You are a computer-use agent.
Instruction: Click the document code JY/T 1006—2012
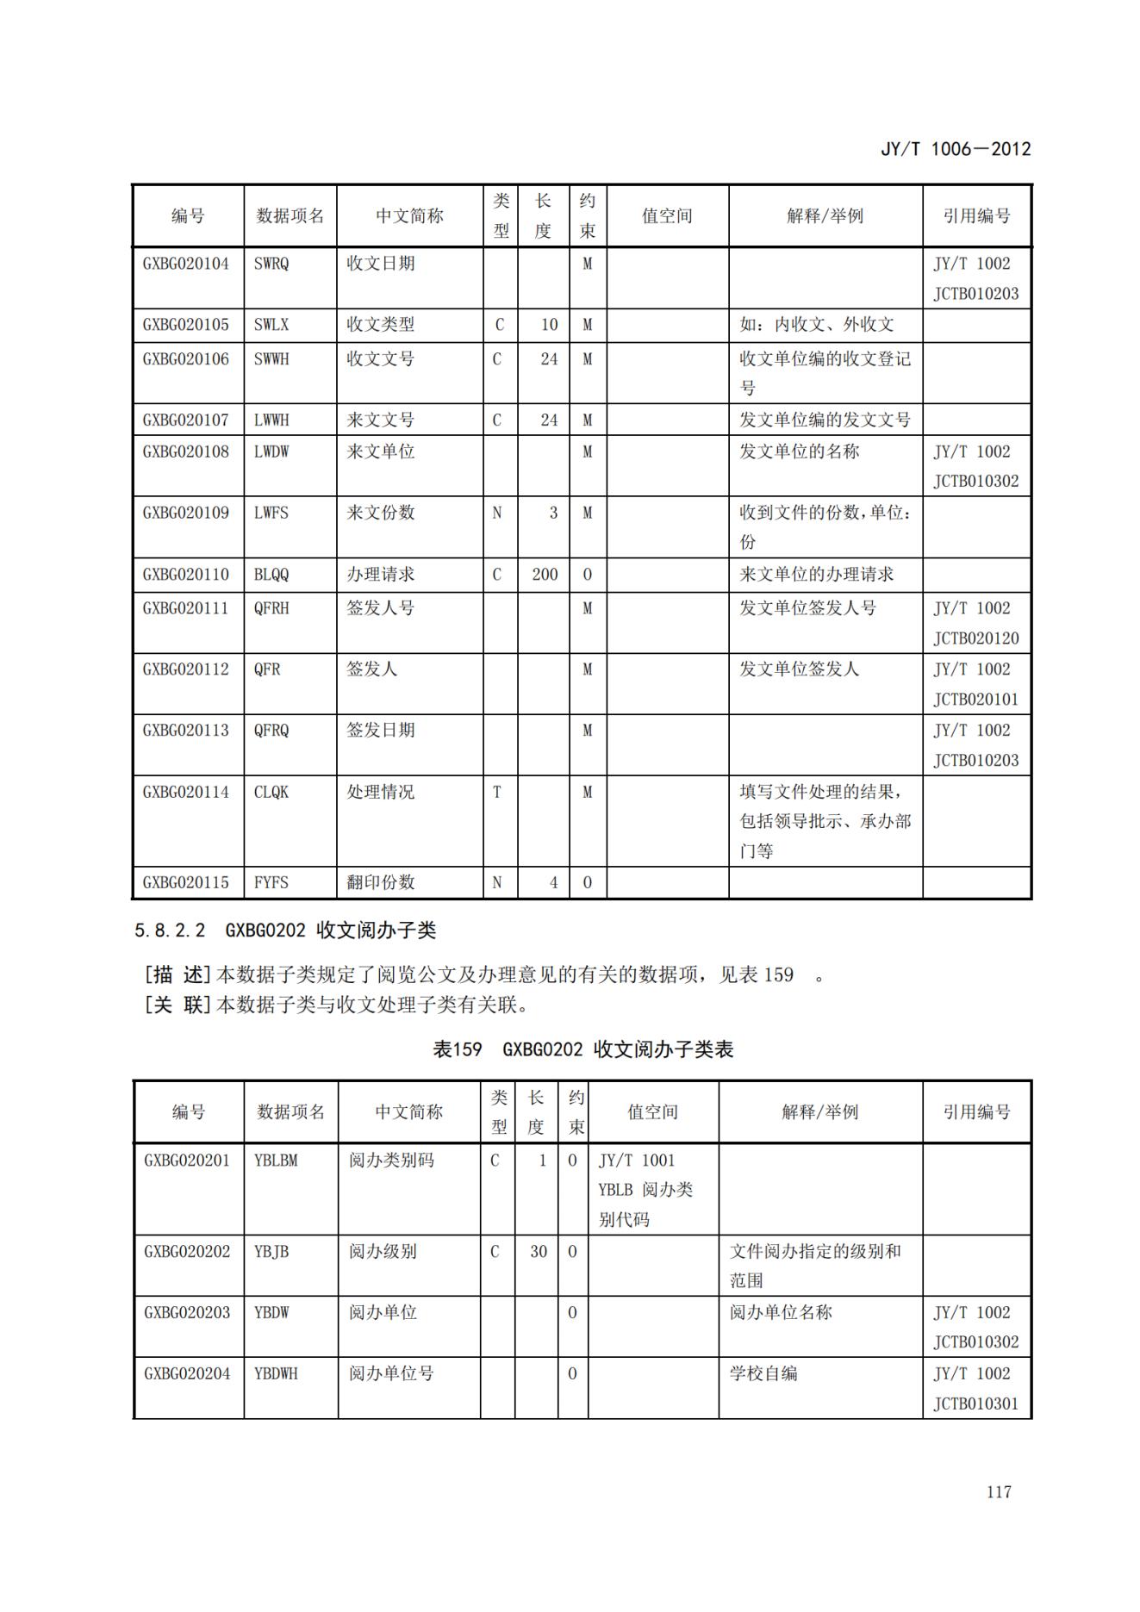pyautogui.click(x=955, y=148)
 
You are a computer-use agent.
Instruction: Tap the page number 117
pyautogui.click(x=999, y=1491)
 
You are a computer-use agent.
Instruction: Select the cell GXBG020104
pyautogui.click(x=186, y=264)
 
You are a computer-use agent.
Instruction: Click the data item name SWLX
pyautogui.click(x=271, y=325)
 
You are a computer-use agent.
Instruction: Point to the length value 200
pyautogui.click(x=545, y=574)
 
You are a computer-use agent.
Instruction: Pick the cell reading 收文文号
pyautogui.click(x=380, y=358)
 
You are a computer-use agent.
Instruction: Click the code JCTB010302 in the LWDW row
pyautogui.click(x=975, y=481)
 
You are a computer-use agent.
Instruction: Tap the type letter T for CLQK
pyautogui.click(x=497, y=792)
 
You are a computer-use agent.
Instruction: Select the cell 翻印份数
pyautogui.click(x=380, y=882)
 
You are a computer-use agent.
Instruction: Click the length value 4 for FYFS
pyautogui.click(x=553, y=882)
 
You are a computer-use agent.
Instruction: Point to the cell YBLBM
pyautogui.click(x=276, y=1161)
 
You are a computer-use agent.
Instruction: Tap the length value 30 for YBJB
pyautogui.click(x=539, y=1251)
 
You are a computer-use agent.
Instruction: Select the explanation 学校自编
pyautogui.click(x=763, y=1373)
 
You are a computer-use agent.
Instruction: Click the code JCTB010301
pyautogui.click(x=975, y=1403)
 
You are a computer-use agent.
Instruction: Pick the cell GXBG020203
pyautogui.click(x=187, y=1312)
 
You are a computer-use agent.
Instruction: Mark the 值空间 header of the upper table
pyautogui.click(x=667, y=216)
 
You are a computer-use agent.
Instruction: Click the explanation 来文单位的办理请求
pyautogui.click(x=816, y=574)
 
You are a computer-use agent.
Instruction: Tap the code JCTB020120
pyautogui.click(x=975, y=638)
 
